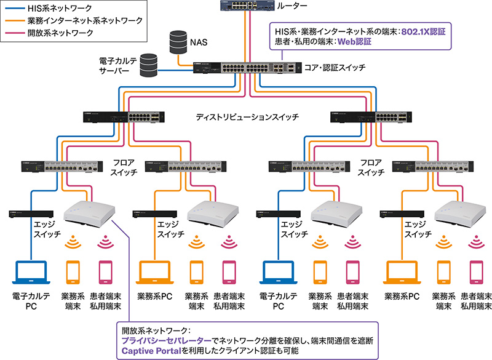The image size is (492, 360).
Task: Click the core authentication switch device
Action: (x=246, y=70)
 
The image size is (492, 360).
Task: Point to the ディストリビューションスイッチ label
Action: (x=247, y=116)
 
